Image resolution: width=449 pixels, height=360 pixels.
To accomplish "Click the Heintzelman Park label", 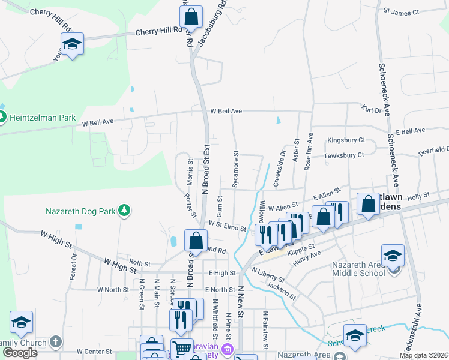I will click(x=41, y=118).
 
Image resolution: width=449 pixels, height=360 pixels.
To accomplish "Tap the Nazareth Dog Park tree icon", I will click(x=124, y=210).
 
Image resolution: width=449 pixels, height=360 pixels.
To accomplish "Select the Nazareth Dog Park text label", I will click(x=82, y=211).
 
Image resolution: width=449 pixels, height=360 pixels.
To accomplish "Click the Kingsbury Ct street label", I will click(x=346, y=140).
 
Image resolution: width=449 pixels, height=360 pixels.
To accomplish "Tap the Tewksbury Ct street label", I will click(x=344, y=155).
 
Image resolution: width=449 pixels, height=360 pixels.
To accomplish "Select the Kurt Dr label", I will click(x=372, y=110).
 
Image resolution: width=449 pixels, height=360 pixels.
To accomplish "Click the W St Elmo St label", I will click(x=228, y=225).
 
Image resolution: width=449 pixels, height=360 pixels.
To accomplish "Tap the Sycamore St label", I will click(x=236, y=171).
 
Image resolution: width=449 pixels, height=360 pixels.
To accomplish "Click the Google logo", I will click(x=20, y=353).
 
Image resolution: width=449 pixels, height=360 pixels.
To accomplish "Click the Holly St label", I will click(x=418, y=196).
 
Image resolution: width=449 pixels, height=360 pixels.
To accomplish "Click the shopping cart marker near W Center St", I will click(x=181, y=349).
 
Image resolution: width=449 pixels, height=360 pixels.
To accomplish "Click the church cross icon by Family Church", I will click(x=55, y=342).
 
